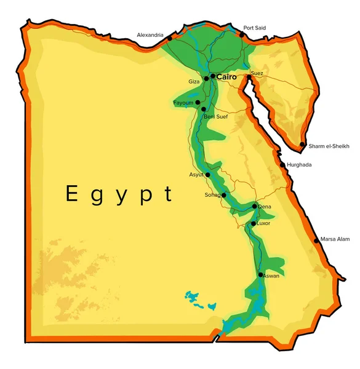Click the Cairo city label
click(227, 77)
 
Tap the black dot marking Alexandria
click(170, 39)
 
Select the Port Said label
click(255, 28)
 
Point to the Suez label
click(257, 74)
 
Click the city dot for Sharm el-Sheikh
click(302, 145)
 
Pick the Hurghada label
click(299, 165)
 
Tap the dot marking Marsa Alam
click(317, 240)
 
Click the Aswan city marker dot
click(261, 274)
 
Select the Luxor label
click(263, 223)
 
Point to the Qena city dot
click(255, 206)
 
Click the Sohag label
click(212, 195)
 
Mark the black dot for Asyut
click(208, 175)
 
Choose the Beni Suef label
click(216, 116)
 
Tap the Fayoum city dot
click(198, 102)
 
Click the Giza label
click(194, 81)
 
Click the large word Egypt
click(119, 194)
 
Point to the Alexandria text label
click(150, 35)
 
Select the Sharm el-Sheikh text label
click(329, 146)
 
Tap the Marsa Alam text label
click(335, 240)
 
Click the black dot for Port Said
click(242, 35)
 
